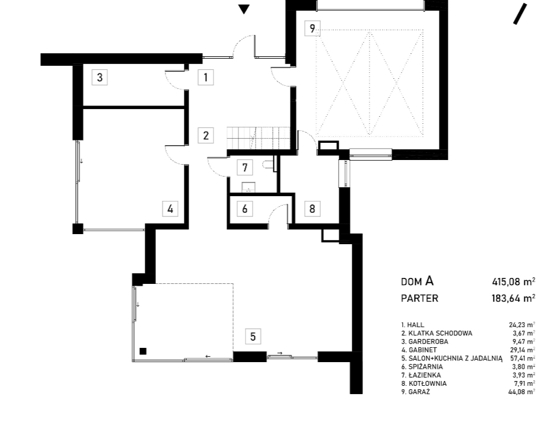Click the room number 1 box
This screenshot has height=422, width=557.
[x=206, y=77]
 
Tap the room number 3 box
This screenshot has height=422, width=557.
[x=100, y=77]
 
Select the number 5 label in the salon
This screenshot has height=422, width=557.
[x=253, y=336]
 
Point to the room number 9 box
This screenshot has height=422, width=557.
[x=312, y=28]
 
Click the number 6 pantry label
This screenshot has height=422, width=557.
[x=245, y=209]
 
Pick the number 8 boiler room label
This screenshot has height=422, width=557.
[x=312, y=209]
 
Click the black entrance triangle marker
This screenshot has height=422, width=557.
[x=244, y=9]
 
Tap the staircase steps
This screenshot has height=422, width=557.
[x=259, y=138]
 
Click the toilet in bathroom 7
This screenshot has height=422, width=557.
[x=270, y=164]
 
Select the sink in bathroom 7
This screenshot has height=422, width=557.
[x=249, y=187]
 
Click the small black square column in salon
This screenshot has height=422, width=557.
[x=143, y=351]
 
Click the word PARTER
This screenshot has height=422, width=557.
[x=419, y=299]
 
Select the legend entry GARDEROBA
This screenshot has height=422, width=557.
[x=425, y=341]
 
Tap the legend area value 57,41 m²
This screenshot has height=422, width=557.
[x=522, y=358]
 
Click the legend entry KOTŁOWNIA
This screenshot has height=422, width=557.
[x=424, y=383]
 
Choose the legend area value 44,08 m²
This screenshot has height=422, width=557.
[x=522, y=392]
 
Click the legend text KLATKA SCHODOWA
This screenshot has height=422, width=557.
[x=437, y=333]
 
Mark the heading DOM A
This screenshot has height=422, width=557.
[x=418, y=282]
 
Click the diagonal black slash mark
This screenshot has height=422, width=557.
[x=520, y=14]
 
